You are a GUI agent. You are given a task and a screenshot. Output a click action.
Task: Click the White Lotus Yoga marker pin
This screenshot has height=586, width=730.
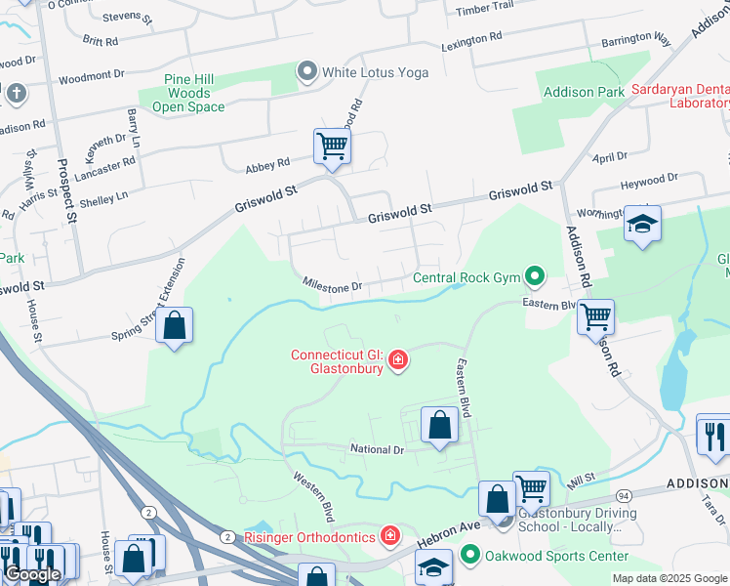(x=307, y=71)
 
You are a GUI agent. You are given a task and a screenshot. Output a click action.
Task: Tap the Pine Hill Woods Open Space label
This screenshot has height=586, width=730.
(x=182, y=93)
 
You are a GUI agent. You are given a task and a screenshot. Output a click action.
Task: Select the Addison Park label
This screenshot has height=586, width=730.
(x=583, y=92)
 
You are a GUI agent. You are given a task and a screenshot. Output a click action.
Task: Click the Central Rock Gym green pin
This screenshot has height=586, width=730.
(x=534, y=277)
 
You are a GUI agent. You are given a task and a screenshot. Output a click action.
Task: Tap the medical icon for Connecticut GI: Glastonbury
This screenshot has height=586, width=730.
(x=397, y=361)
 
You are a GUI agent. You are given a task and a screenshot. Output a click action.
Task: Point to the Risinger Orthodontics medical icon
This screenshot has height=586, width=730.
(x=390, y=535)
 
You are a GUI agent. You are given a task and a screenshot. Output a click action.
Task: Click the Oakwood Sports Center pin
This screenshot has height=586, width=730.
(x=470, y=557)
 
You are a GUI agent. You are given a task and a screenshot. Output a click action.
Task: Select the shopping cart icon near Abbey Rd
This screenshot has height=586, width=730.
(x=332, y=146)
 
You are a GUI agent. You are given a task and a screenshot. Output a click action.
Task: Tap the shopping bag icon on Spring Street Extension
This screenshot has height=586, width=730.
(x=174, y=326)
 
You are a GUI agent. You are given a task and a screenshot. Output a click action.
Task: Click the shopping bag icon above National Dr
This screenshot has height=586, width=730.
(x=439, y=425)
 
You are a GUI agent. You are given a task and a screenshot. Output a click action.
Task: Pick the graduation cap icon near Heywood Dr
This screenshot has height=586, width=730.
(x=642, y=225)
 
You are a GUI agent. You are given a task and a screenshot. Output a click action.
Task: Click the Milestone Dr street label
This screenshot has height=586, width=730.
(x=332, y=286)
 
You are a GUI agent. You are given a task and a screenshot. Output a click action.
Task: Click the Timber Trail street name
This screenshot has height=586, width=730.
(x=484, y=7)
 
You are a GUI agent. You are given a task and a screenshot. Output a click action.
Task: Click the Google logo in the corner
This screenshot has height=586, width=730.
(x=31, y=574)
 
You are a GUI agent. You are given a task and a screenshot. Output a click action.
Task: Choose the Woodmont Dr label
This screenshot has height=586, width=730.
(x=92, y=76)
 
